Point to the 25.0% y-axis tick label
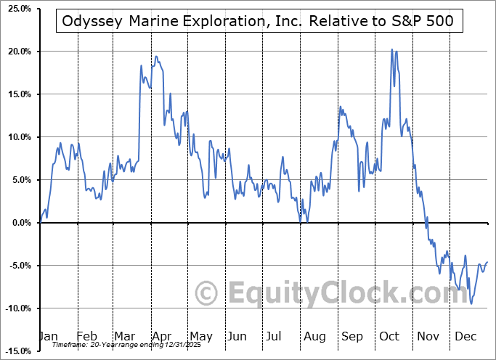(x=17, y=9)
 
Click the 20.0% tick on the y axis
(x=17, y=52)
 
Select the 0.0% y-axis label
(x=19, y=223)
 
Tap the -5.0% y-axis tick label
(x=17, y=266)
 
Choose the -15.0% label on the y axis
(x=16, y=351)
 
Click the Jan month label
(x=48, y=336)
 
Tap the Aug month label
(x=314, y=336)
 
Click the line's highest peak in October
(x=392, y=49)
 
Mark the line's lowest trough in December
(x=471, y=303)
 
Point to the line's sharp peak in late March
(x=141, y=65)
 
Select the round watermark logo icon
(x=208, y=294)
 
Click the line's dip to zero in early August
(x=306, y=221)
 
